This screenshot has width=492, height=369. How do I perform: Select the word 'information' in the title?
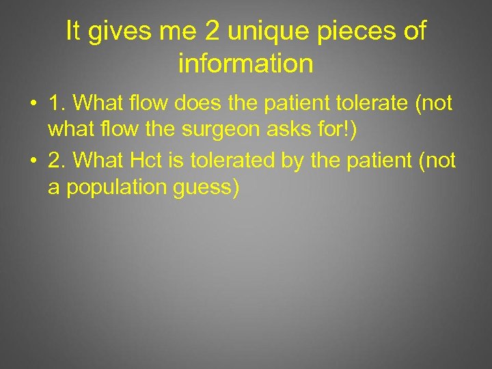[245, 64]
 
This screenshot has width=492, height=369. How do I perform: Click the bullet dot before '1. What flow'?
[32, 104]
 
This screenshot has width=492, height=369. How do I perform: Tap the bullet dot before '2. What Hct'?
[32, 160]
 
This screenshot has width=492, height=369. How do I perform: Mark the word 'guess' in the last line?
[208, 188]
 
